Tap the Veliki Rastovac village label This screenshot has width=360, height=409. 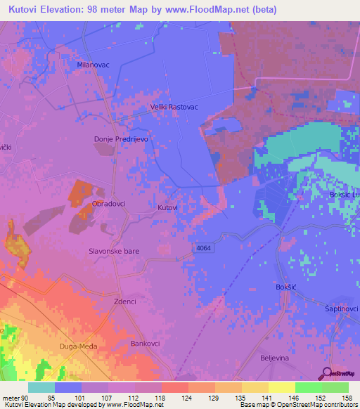coord(174,107)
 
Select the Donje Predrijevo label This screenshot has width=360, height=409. coord(120,139)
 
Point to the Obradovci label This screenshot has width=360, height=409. coord(108,203)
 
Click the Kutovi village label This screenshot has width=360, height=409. coord(167,208)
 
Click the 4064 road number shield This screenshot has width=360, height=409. coord(203,248)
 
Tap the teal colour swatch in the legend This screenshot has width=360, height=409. coord(41,387)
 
